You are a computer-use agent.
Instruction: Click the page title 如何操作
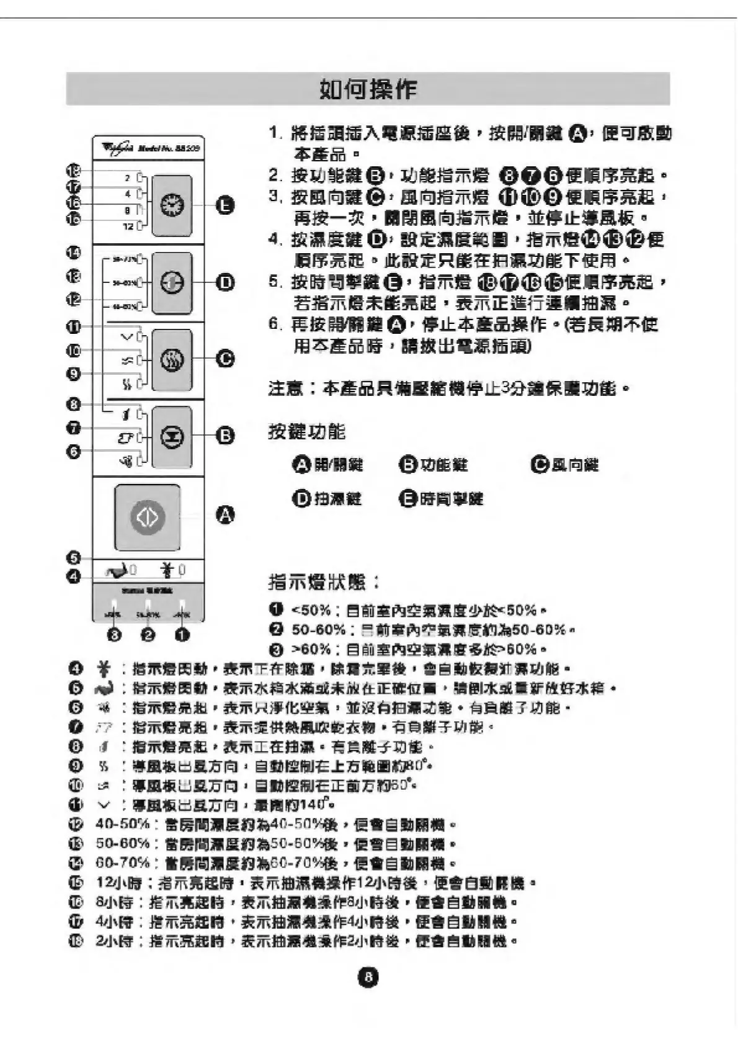(x=368, y=89)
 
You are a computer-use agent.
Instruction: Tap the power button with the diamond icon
(x=147, y=517)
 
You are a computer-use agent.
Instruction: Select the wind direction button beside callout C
(x=172, y=359)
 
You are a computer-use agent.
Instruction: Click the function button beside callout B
(x=172, y=436)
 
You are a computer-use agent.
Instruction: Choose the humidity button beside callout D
(x=172, y=283)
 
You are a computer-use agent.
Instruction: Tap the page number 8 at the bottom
(x=368, y=977)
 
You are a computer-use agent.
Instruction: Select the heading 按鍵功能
(x=306, y=432)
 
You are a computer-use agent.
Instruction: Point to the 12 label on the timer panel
(x=128, y=226)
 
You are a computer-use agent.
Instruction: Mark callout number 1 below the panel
(x=182, y=635)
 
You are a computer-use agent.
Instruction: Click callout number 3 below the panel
(x=115, y=635)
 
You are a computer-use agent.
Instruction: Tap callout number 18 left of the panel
(x=74, y=170)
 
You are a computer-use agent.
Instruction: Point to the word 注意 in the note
(x=285, y=389)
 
